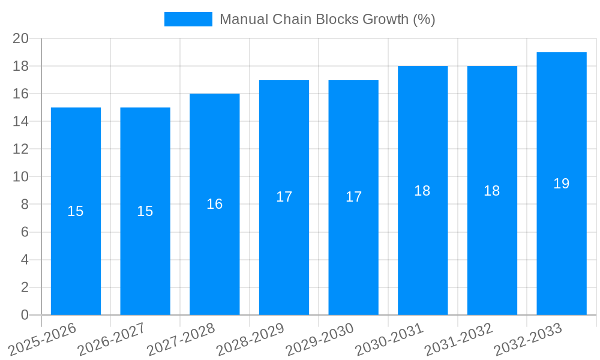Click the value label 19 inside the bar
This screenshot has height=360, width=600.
[562, 184]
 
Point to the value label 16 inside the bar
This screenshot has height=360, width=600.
[215, 204]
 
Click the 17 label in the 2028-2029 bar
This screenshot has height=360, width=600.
[284, 197]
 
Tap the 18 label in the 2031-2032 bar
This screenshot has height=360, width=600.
[492, 191]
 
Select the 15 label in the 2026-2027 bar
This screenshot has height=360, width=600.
[145, 211]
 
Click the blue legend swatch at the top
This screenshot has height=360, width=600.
[188, 19]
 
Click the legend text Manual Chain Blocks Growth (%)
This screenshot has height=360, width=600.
[327, 19]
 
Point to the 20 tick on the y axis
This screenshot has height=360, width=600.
[21, 38]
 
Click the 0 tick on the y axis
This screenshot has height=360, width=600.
[25, 315]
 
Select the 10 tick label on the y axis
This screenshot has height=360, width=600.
[21, 177]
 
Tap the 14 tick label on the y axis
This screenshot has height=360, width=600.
[21, 122]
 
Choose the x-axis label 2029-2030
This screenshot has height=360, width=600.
[320, 340]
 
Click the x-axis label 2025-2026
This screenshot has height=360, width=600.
[43, 340]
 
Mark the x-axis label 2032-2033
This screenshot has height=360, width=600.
[528, 340]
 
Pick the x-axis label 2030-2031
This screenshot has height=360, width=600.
[389, 340]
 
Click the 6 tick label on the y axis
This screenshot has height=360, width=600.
[25, 232]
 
